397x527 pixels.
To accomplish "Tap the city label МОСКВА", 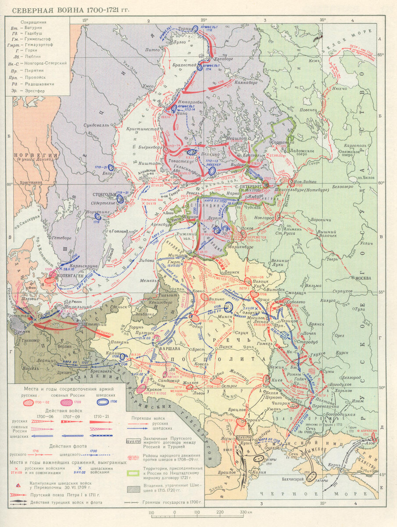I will (x=363, y=278).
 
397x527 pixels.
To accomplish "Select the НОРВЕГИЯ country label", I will (x=36, y=155).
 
